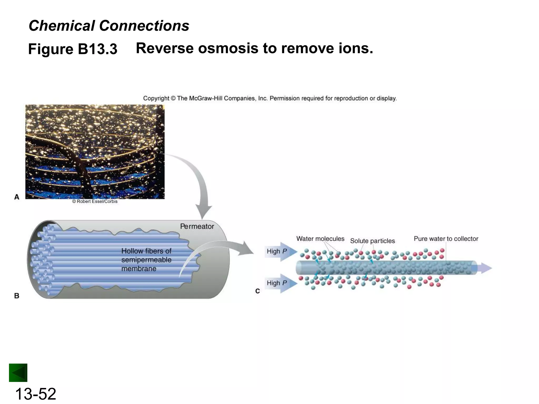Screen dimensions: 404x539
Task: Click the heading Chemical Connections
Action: (x=109, y=26)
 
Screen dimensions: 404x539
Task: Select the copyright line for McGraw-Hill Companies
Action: (x=270, y=98)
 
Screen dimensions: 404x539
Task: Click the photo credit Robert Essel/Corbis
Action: (x=95, y=201)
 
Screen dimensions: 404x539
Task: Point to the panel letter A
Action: (x=17, y=197)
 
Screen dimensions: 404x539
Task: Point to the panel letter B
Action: (x=17, y=296)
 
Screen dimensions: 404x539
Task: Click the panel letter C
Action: (x=257, y=291)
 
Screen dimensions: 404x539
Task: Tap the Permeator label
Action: (x=197, y=226)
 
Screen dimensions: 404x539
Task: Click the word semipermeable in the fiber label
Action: (x=146, y=260)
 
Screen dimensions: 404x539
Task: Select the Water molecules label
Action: (x=320, y=239)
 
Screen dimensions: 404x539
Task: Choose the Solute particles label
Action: (x=372, y=241)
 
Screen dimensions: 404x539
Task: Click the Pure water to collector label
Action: (x=446, y=239)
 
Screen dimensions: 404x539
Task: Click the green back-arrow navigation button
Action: (x=18, y=373)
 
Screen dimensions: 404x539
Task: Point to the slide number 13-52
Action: (x=36, y=394)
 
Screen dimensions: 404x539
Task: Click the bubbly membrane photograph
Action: (x=95, y=151)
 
